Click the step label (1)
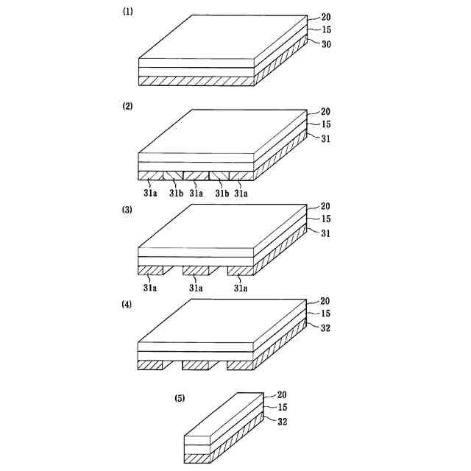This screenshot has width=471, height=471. (127, 13)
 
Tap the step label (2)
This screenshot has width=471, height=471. (127, 107)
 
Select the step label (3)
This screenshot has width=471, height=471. (127, 210)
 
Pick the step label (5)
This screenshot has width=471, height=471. (180, 398)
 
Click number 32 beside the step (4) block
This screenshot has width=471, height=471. (326, 328)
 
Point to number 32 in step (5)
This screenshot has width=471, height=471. (282, 422)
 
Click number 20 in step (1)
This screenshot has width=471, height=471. (326, 17)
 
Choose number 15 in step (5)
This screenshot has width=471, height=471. (282, 408)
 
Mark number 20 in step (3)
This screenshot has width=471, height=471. (326, 206)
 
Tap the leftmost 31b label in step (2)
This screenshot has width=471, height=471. (176, 194)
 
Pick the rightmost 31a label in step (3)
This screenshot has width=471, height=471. (241, 288)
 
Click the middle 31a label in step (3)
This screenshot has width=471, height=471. (196, 288)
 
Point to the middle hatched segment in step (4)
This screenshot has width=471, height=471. (196, 365)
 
